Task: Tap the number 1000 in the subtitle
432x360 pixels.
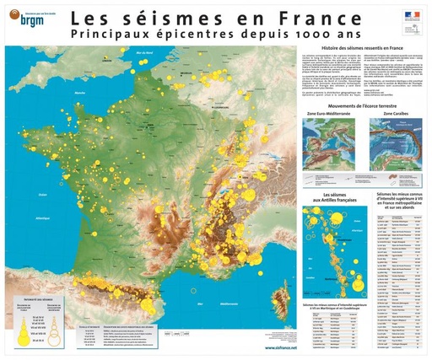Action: (x=307, y=36)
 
